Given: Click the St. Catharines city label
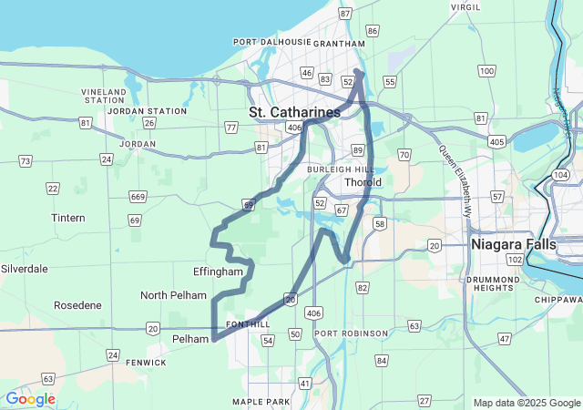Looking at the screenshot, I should (x=294, y=112).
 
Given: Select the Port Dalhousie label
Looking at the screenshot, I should (x=272, y=42).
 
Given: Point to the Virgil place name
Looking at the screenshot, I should (x=465, y=6).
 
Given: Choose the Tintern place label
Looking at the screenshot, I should (x=68, y=218).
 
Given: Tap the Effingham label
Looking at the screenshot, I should (x=218, y=272).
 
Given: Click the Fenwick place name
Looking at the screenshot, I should (x=146, y=362).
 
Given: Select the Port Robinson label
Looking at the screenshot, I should (x=352, y=333).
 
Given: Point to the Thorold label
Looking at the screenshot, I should (x=363, y=182).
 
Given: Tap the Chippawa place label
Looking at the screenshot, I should (x=559, y=300).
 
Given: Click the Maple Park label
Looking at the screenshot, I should (x=261, y=402).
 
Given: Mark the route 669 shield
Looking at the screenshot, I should (x=138, y=197).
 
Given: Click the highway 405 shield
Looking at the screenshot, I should (x=496, y=142).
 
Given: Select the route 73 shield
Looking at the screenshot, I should (x=26, y=161).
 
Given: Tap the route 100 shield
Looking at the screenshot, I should (x=486, y=70).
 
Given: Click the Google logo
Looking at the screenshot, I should (x=30, y=399).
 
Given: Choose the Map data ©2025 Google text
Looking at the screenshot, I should (x=526, y=403).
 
